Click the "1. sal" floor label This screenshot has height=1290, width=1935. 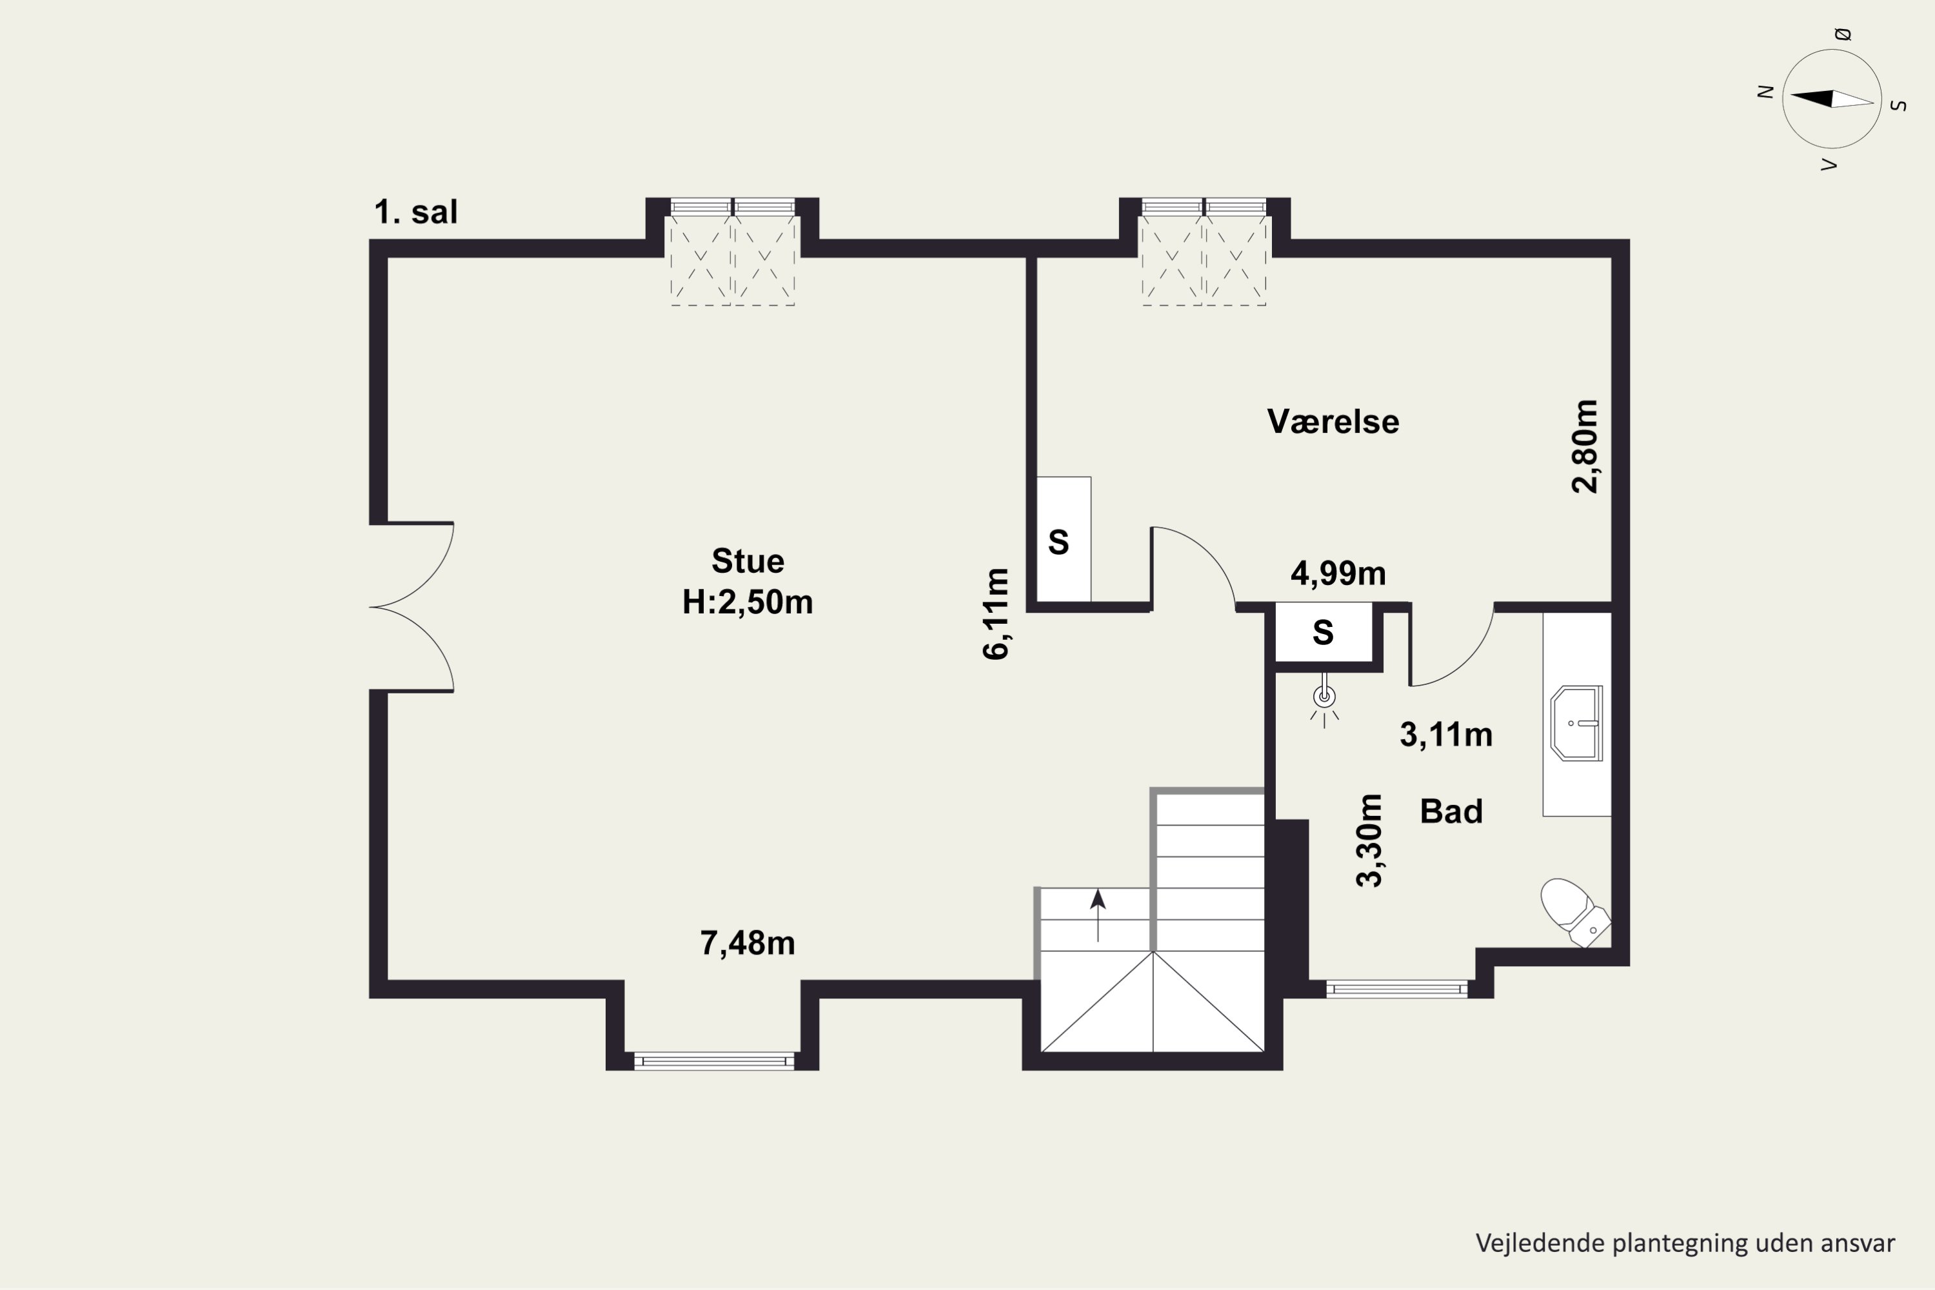point(415,212)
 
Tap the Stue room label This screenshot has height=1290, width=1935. point(748,561)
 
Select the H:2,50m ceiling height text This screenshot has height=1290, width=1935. point(748,602)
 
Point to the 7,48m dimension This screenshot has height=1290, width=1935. point(748,943)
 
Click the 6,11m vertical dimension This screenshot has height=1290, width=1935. point(997,614)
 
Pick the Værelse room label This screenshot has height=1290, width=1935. point(1333,421)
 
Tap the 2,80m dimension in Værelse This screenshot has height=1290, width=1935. point(1585,446)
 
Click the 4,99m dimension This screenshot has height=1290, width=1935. point(1338,573)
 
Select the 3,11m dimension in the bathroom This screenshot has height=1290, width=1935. point(1446,735)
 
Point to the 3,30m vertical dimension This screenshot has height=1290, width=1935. point(1370,840)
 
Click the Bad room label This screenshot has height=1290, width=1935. point(1451,812)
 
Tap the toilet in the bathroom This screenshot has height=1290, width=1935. point(1574,913)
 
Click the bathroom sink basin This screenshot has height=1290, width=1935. point(1576,723)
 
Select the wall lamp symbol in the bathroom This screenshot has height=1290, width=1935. point(1325,699)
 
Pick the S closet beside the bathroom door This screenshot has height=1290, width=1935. point(1323,632)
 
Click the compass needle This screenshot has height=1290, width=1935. point(1832,99)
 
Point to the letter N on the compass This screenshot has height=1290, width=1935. point(1765,92)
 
